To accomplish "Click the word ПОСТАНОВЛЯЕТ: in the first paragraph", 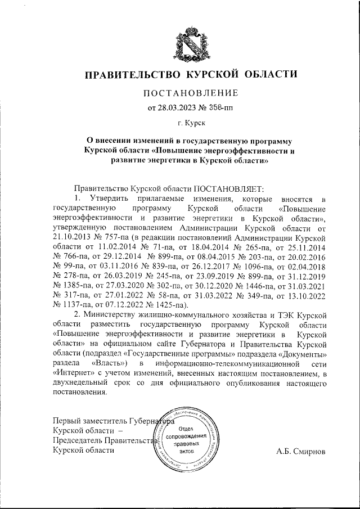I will pyautogui.click(x=223, y=190).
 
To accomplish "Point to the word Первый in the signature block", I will pyautogui.click(x=66, y=420).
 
